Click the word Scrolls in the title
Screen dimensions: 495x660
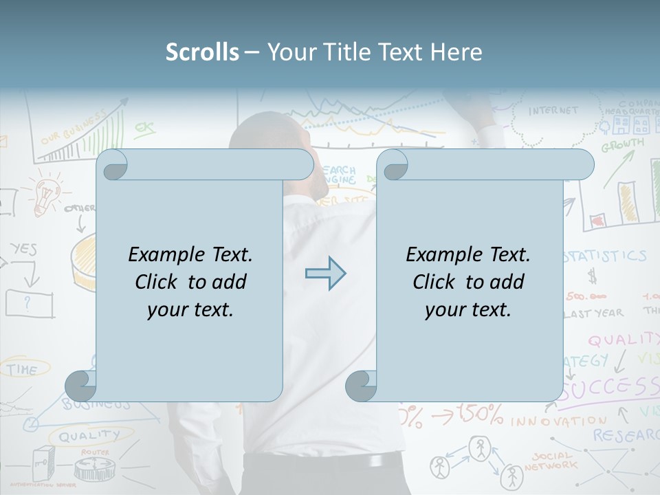click(202, 52)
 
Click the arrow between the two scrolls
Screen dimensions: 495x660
click(325, 273)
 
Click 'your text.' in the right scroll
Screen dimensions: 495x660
click(467, 309)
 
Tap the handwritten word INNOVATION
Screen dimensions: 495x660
click(559, 419)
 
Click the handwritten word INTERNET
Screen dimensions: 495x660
click(553, 111)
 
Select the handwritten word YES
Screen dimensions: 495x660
click(23, 249)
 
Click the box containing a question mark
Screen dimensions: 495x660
click(29, 302)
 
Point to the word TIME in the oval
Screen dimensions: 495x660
click(23, 369)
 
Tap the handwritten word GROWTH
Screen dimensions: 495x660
click(623, 145)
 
